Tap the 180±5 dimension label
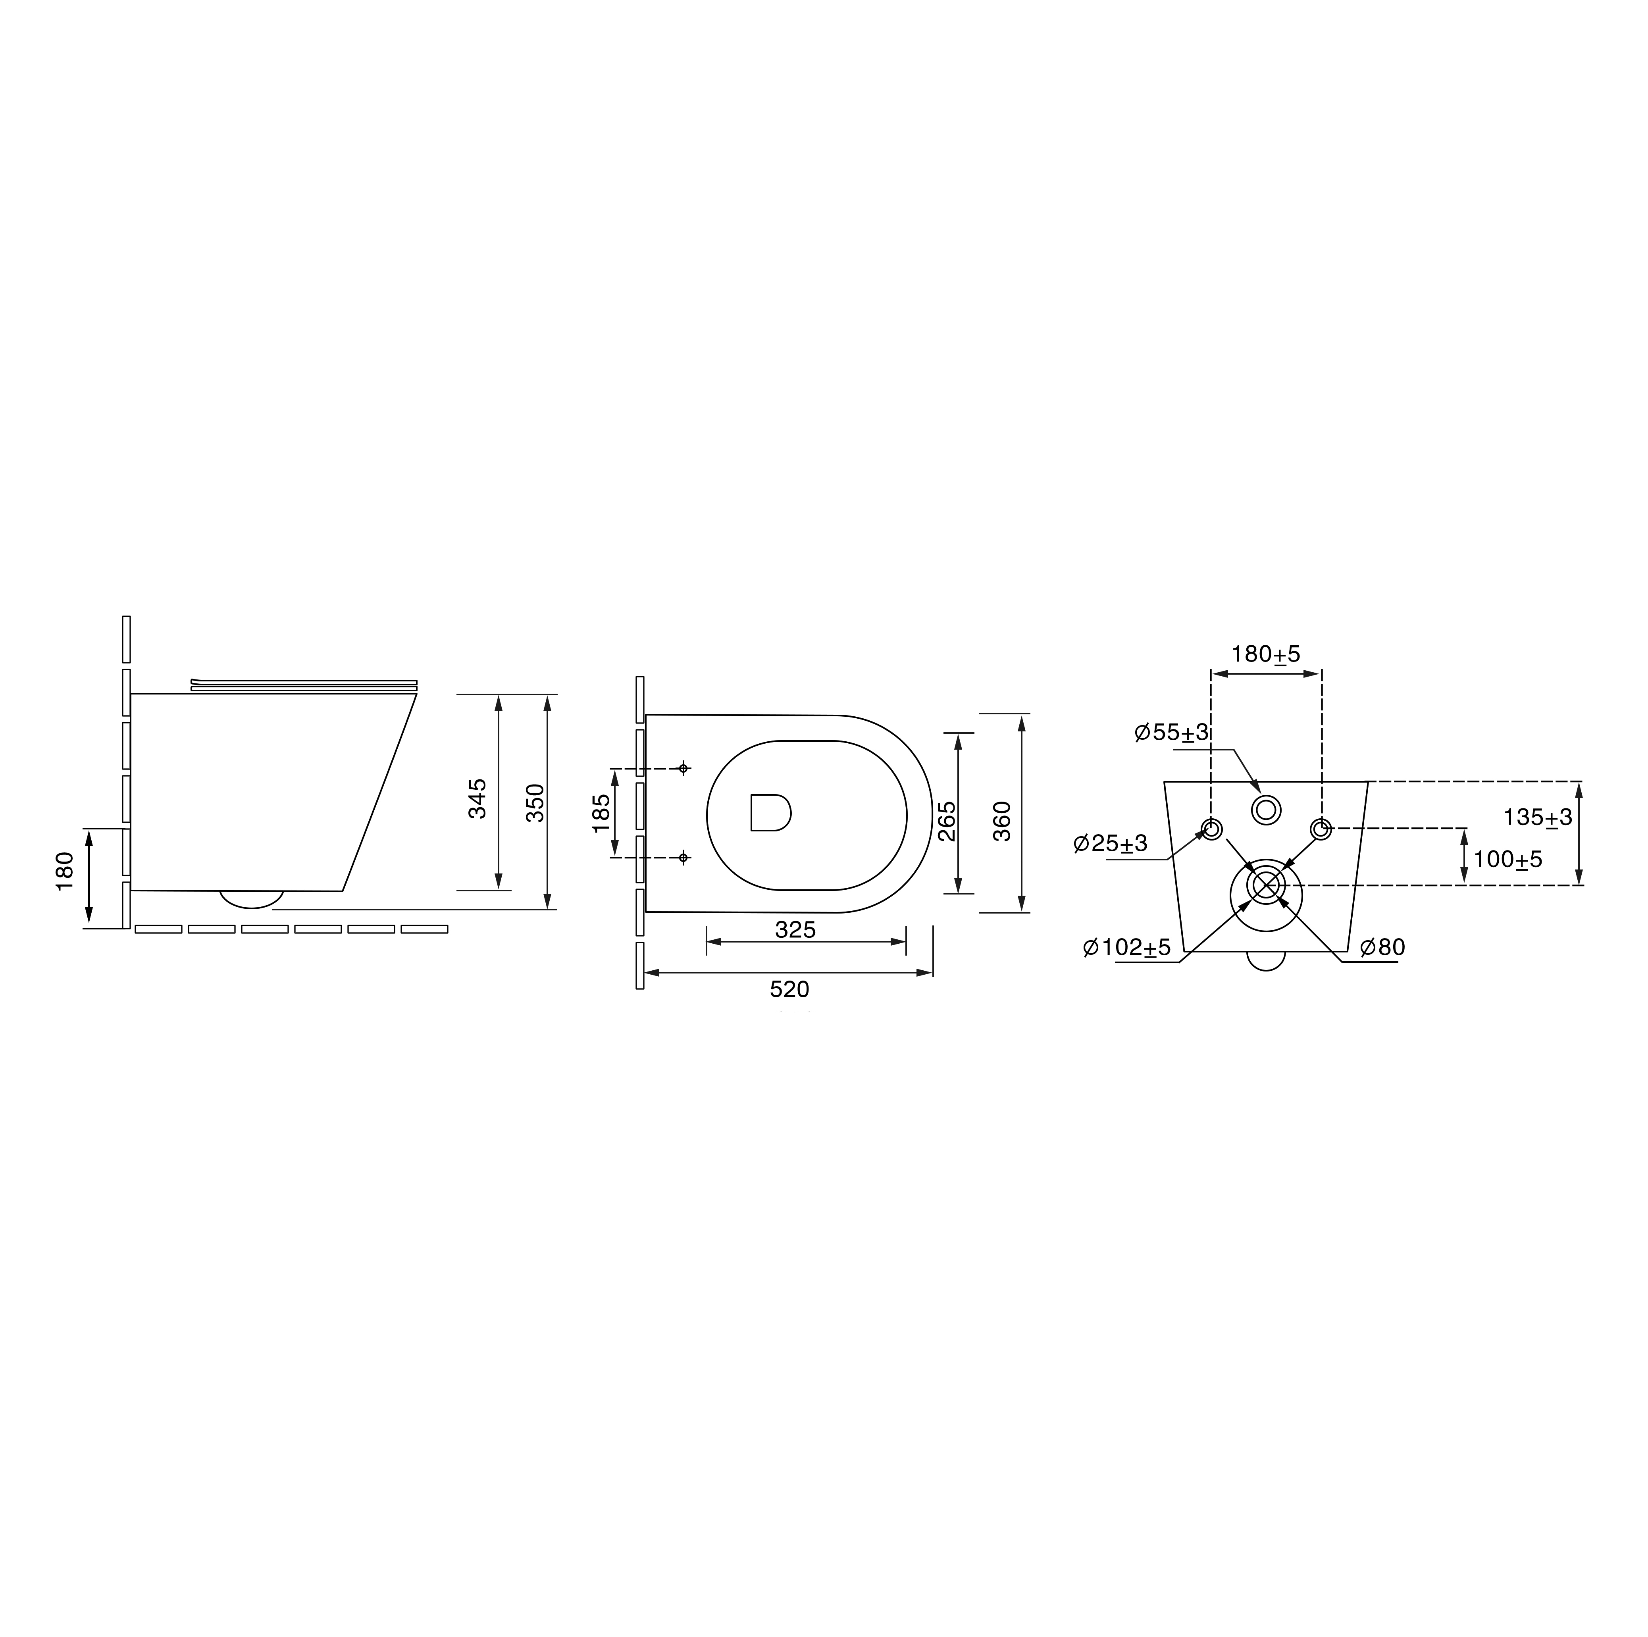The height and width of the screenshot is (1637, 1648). tap(1266, 654)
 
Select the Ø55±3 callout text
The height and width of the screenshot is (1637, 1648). tap(1172, 732)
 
